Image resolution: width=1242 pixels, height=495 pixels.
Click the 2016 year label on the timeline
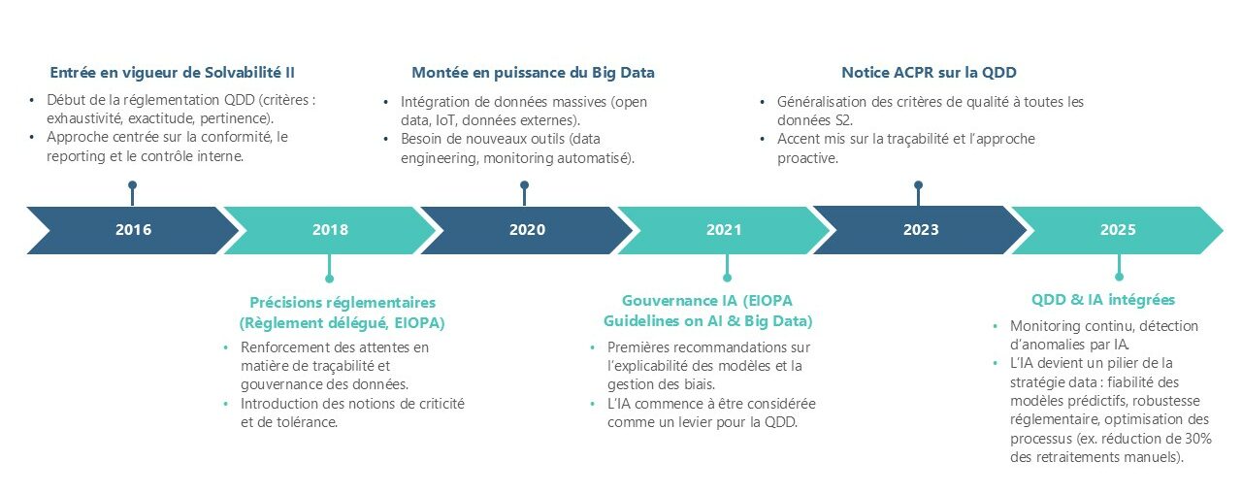click(133, 230)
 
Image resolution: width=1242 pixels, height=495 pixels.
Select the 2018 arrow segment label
click(330, 230)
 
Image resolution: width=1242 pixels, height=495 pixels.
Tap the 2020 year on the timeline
click(527, 230)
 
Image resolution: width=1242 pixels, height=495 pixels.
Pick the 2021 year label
click(724, 230)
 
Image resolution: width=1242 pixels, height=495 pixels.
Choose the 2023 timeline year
click(921, 230)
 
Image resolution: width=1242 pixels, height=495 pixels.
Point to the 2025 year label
click(1118, 230)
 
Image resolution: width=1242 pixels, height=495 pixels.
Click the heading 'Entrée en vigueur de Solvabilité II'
click(172, 73)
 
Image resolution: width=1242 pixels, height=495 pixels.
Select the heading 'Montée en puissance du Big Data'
click(533, 73)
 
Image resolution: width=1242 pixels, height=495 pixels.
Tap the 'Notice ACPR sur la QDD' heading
click(929, 73)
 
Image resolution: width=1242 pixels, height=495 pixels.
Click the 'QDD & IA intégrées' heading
click(1103, 300)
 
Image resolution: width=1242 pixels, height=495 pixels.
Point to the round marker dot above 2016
click(132, 184)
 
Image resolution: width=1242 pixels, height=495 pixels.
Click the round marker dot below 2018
click(329, 278)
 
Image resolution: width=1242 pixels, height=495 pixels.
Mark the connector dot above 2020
click(525, 184)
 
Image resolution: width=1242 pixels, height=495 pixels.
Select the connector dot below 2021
click(727, 278)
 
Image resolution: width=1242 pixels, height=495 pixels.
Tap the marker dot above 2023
click(918, 184)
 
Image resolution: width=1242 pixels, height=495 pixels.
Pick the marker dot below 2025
click(1119, 277)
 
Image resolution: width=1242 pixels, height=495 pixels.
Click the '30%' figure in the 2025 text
click(1198, 439)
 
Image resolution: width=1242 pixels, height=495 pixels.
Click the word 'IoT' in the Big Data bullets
click(445, 120)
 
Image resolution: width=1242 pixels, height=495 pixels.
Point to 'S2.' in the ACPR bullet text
click(843, 120)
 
